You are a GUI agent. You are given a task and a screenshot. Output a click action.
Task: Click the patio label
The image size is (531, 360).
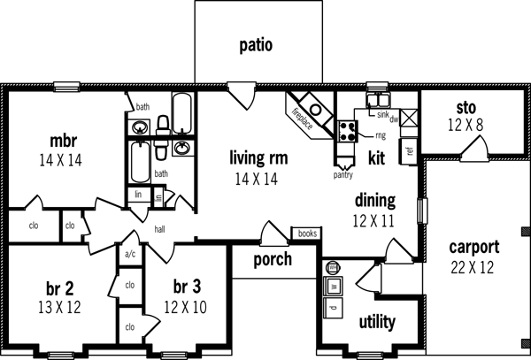(255, 43)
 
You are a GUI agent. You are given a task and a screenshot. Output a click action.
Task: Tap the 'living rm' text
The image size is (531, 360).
(257, 158)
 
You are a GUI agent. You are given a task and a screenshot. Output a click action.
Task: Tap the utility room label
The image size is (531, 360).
(376, 322)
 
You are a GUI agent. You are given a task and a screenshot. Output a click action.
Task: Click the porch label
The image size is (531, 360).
(273, 259)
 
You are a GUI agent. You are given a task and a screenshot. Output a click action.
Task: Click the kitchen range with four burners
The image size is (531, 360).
(347, 133)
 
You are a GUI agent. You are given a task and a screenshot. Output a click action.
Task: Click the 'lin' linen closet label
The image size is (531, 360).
(138, 195)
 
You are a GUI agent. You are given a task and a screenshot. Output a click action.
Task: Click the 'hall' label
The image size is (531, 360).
(160, 227)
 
